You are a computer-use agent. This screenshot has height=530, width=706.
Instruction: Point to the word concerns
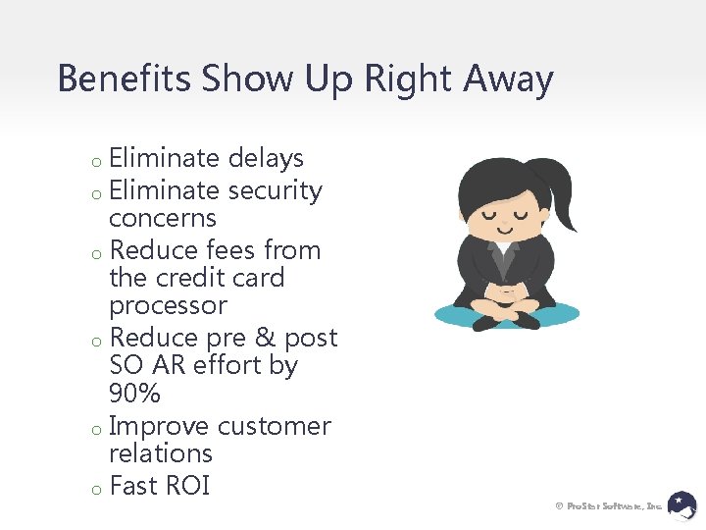pos(163,218)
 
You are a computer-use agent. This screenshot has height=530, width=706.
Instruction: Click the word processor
pos(168,305)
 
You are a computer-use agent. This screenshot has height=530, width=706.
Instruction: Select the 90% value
pos(134,394)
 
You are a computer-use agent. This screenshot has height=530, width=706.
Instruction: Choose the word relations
pos(161,453)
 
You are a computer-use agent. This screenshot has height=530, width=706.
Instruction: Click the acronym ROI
pos(186,486)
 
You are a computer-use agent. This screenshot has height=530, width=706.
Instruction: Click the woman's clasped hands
pos(503,291)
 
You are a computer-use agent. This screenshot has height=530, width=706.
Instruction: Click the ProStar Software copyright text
pos(608,505)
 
